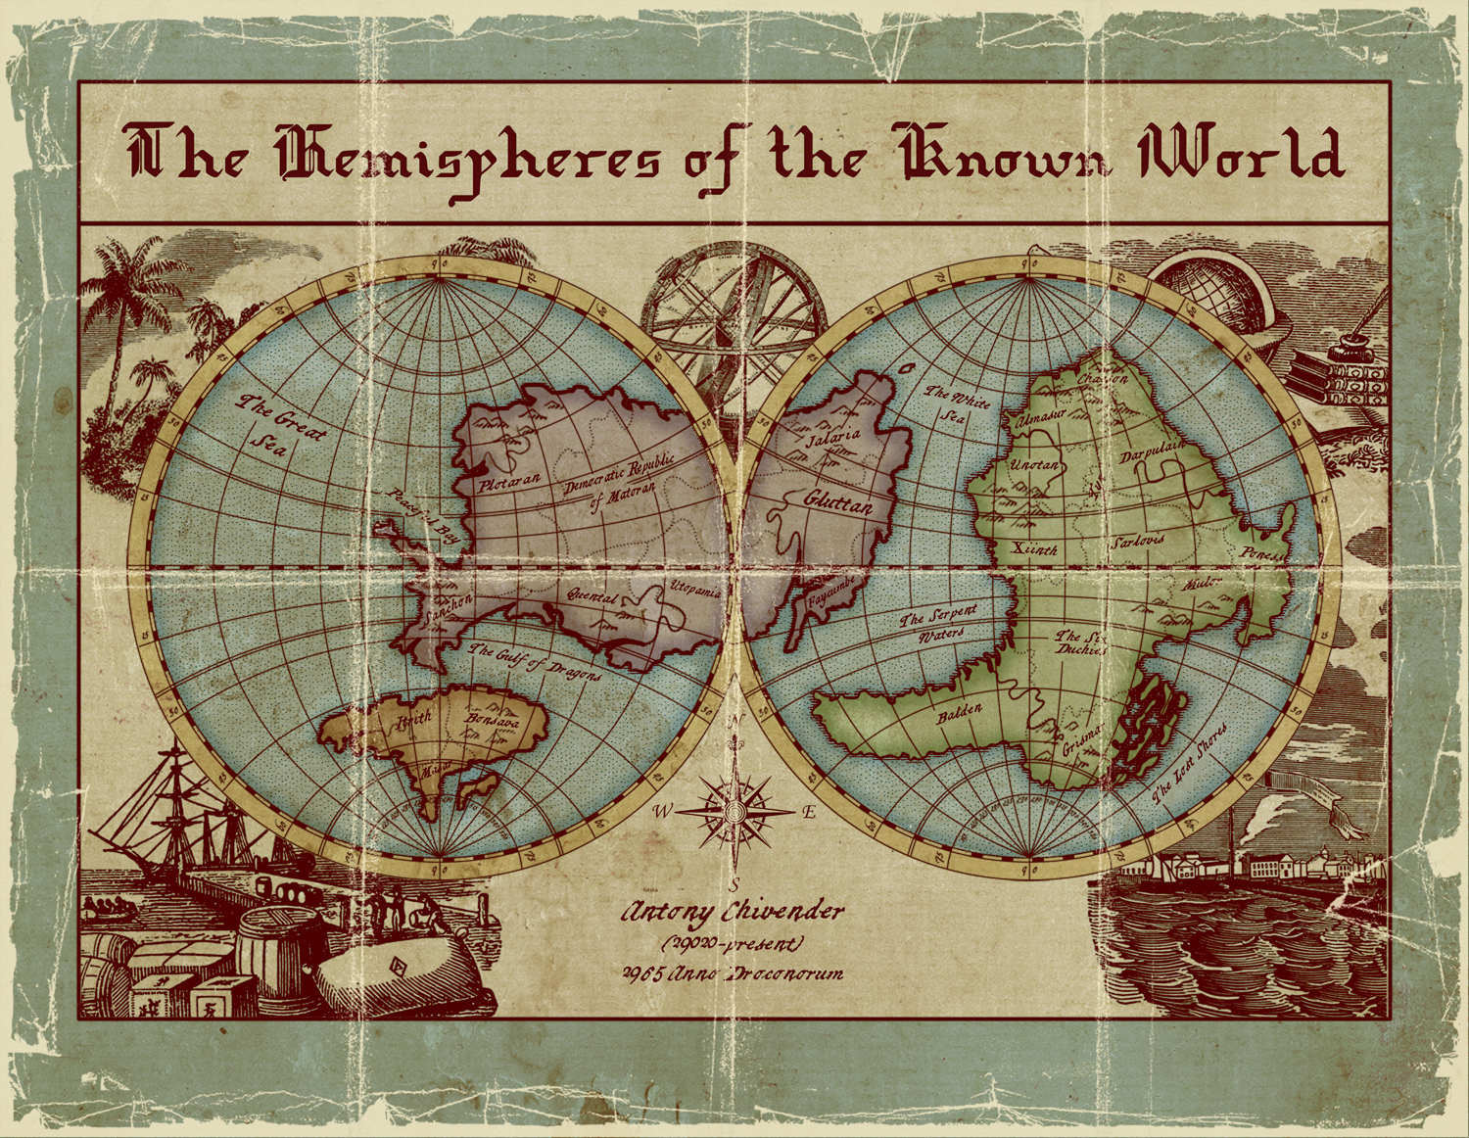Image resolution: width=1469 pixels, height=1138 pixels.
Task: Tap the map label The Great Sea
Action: [278, 424]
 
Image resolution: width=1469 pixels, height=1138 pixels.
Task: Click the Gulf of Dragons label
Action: [535, 663]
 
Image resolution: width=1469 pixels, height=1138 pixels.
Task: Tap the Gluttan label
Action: [837, 502]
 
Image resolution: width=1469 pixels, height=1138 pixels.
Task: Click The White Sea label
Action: [957, 403]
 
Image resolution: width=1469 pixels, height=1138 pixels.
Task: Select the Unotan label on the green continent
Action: [1034, 465]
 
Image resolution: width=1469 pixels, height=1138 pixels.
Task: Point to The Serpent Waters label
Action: [939, 625]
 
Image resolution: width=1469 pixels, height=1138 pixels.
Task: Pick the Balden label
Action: [959, 713]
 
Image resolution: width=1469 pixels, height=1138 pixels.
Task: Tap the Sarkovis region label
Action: [1138, 542]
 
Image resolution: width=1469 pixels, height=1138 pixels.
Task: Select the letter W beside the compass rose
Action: [664, 811]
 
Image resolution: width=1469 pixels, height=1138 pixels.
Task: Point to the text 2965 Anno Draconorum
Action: [733, 973]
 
